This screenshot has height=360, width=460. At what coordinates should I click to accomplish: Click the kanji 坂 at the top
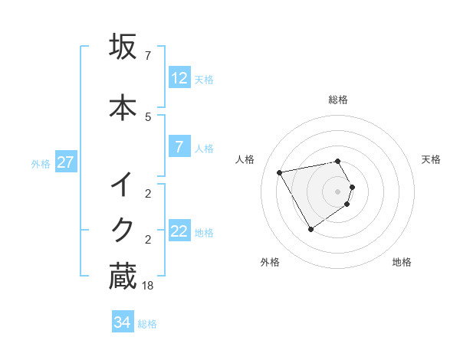coord(123,47)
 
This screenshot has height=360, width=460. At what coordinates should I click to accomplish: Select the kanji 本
coord(123,107)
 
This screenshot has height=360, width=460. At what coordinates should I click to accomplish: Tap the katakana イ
coord(123,185)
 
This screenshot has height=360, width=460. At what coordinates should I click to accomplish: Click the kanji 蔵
coord(123,277)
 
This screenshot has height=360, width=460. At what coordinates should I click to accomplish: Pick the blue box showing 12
coord(179,78)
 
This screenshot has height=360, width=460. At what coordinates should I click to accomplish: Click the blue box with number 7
coord(179,147)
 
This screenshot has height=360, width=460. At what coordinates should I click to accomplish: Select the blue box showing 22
coord(179,231)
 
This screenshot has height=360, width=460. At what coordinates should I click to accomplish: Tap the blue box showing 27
coord(65,162)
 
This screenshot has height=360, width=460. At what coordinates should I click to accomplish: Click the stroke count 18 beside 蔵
coord(148,286)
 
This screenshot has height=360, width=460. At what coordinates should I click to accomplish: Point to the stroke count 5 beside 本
coord(148,116)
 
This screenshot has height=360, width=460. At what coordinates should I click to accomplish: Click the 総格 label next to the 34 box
coord(147,324)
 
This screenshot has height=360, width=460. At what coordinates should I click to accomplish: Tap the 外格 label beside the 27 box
coord(41,163)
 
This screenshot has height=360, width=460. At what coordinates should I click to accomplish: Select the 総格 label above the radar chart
coord(338,100)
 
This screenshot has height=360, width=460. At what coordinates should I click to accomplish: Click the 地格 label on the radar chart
coord(402,263)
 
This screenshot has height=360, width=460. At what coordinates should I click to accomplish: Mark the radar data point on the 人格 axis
coord(280,172)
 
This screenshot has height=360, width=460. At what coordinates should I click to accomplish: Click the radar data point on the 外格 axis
coord(310,229)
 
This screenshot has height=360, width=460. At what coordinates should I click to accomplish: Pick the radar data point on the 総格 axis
coord(338,161)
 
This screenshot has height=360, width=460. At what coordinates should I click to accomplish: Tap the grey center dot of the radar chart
coord(338,191)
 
